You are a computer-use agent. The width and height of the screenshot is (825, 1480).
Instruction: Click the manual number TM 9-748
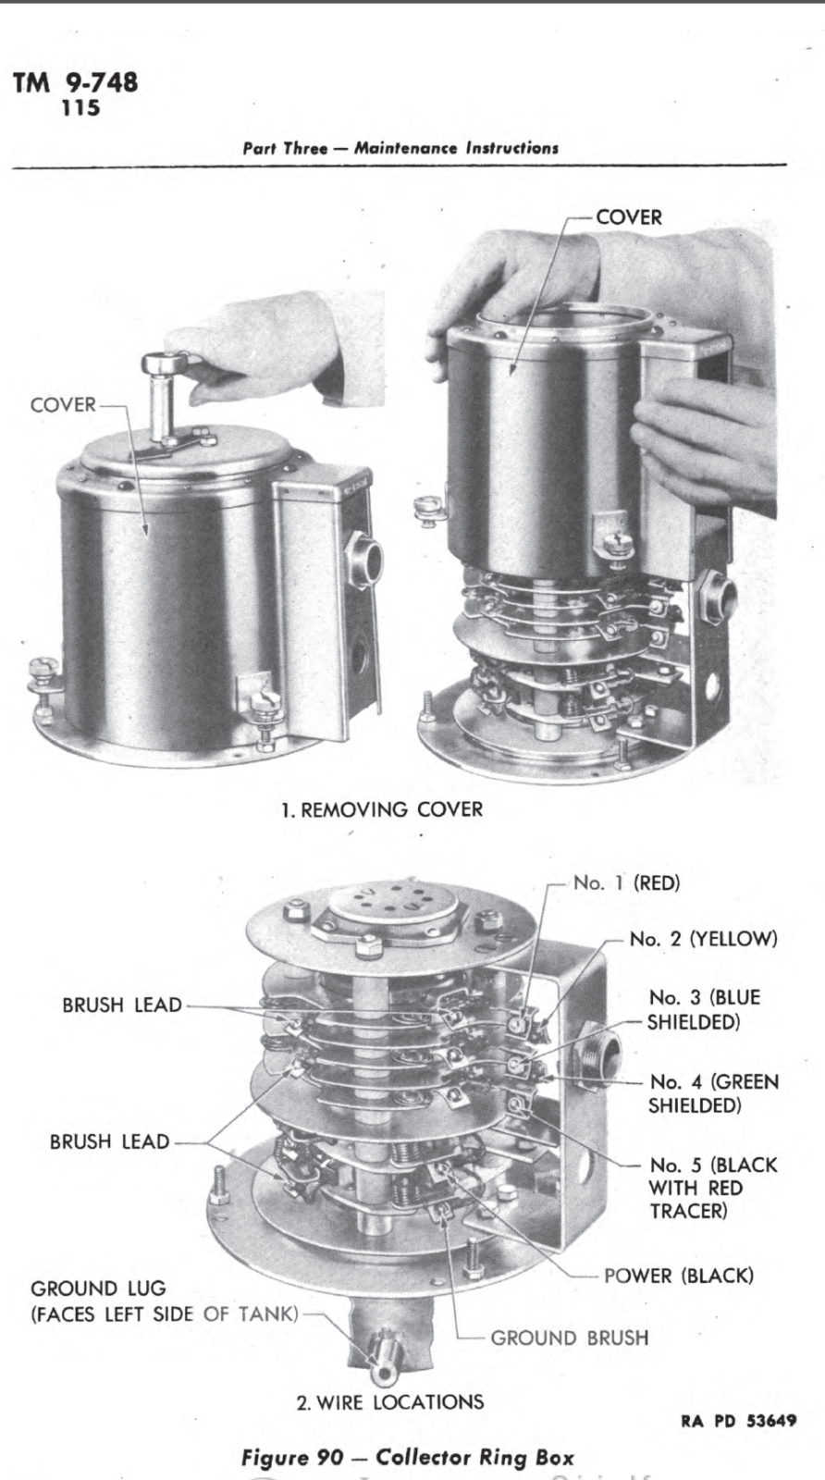(76, 82)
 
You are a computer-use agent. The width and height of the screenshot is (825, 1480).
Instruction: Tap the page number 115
(81, 108)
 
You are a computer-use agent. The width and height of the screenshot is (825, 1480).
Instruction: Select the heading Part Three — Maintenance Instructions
(400, 148)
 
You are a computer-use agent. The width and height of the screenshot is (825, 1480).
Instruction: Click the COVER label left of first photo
(63, 404)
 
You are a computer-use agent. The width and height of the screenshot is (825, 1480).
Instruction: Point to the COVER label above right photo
(629, 217)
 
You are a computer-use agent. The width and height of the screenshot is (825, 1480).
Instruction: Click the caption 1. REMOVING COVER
(382, 809)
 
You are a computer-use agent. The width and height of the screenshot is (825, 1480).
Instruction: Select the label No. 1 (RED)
(626, 882)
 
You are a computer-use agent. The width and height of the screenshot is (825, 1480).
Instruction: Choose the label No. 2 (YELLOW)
(703, 939)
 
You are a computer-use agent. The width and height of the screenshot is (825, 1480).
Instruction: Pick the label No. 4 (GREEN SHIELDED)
(712, 1092)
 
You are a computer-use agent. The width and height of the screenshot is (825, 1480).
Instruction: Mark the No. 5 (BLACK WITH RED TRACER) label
(712, 1188)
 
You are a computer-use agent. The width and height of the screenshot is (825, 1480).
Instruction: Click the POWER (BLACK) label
(678, 1276)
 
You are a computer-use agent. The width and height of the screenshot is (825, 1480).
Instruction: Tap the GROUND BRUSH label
(569, 1338)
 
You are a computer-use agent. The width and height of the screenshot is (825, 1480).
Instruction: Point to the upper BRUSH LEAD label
(121, 1005)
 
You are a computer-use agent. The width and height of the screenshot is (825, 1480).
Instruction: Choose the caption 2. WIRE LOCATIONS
(389, 1401)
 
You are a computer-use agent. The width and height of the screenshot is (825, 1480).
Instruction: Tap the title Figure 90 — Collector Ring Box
(407, 1458)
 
